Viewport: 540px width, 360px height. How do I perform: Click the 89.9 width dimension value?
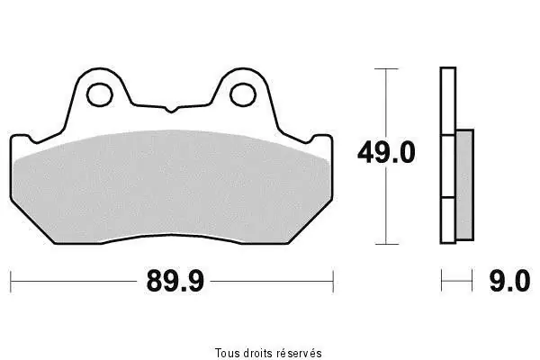pos(175,281)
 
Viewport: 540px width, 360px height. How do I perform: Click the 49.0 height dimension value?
pos(386,152)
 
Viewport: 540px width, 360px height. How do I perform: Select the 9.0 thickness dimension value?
pos(509,281)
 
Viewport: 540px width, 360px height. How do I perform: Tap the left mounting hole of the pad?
pos(100,94)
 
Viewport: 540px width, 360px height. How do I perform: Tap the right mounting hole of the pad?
pos(243,94)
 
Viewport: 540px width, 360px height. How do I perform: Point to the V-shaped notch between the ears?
pos(171,110)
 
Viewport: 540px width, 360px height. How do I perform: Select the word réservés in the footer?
pos(300,353)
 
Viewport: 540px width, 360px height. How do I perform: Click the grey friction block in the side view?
pos(465,185)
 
